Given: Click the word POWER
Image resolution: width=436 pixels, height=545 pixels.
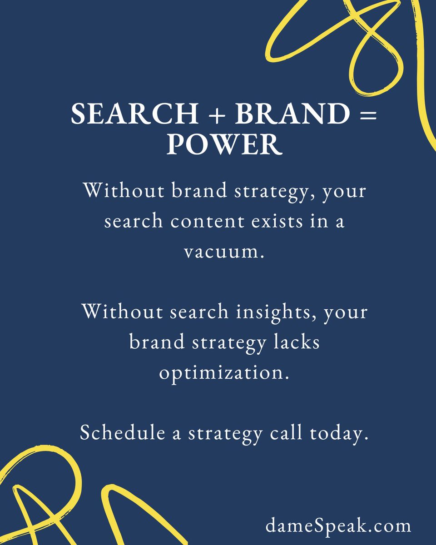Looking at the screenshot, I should pos(224,145).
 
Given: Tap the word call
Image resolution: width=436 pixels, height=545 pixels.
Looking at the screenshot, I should pos(287,432).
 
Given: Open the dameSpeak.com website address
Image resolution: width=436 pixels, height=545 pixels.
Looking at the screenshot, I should pos(338,526).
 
